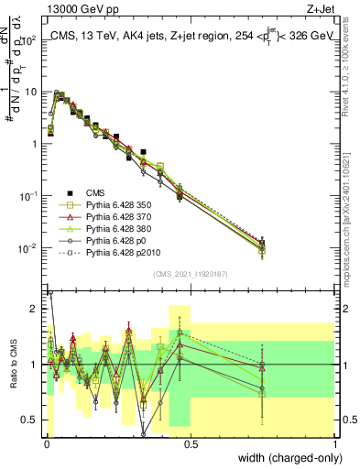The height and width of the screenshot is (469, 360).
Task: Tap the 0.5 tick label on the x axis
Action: pos(191,443)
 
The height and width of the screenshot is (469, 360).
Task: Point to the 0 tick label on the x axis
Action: pos(47,443)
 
